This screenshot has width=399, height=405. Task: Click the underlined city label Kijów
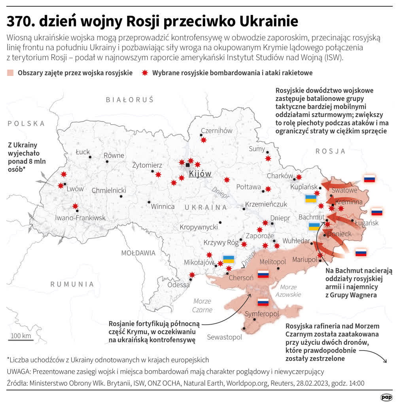tap(200, 174)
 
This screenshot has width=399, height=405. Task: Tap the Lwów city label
tap(75, 189)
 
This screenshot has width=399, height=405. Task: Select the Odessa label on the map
tap(178, 285)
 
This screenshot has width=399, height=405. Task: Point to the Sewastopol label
tap(224, 337)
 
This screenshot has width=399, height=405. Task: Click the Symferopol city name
tap(262, 314)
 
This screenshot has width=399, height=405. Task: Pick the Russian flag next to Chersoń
tap(263, 274)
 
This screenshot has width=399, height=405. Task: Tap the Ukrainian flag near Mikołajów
tap(229, 259)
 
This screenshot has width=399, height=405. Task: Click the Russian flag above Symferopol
tap(263, 303)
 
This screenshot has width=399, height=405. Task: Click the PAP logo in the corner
tap(386, 397)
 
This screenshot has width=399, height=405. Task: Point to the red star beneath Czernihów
tap(204, 140)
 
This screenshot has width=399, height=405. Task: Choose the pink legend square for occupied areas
tap(10, 73)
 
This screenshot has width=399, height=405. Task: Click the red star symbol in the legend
tap(145, 73)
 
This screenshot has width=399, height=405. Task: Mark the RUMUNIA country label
tap(72, 284)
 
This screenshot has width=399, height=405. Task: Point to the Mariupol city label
tap(304, 259)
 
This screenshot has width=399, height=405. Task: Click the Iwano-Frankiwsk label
tap(80, 218)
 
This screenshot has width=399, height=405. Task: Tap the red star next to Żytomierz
tap(158, 174)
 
